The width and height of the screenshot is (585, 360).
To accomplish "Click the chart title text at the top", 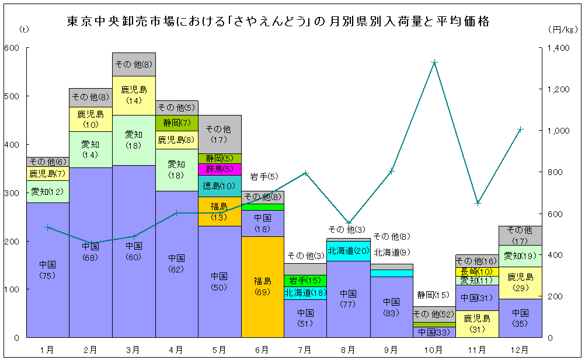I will pos(278,22).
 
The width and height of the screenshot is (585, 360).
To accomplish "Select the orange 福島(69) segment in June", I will pos(263,286).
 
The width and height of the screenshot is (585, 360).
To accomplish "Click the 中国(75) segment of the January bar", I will pos(48,270).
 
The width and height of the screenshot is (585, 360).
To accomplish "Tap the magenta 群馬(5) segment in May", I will pos(220,169).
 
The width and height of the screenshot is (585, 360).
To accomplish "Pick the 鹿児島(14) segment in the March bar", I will pos(134,95).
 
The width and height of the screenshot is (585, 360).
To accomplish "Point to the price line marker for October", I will pos(434,62).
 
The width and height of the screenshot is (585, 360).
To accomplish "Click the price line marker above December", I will pos(520,129).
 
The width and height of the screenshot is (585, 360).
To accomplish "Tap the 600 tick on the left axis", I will pos(12,48).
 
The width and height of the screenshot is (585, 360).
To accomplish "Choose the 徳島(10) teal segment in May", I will pos(220,186).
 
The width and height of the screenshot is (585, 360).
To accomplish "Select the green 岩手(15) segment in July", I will pos(305,280).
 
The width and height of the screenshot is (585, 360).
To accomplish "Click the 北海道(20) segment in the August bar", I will pos(349,251).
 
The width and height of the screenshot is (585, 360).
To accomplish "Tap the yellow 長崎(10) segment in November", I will pos(477,271).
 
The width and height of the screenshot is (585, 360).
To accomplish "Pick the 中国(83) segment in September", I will pos(391,306).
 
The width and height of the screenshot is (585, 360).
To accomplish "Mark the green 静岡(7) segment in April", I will pos(177,123).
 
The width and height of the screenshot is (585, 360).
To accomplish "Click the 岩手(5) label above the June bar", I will pos(264,176).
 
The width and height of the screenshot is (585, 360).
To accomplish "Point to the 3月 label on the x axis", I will pos(134,350).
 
